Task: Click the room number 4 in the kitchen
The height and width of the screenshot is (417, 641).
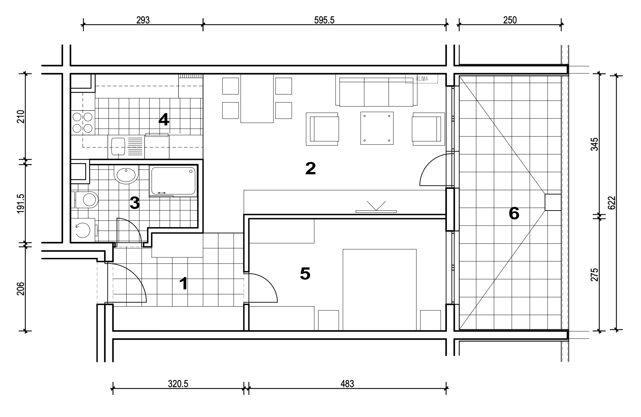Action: [x=164, y=120]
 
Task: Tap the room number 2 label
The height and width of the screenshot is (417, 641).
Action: [x=310, y=168]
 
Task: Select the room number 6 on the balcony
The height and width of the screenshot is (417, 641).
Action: [x=514, y=214]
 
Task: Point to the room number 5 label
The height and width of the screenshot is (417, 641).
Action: [x=305, y=273]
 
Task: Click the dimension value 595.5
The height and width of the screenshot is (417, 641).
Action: [x=324, y=20]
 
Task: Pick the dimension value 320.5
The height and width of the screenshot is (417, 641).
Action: [x=178, y=384]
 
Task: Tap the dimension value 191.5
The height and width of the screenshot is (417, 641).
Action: [x=21, y=204]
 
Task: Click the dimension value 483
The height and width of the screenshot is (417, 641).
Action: [x=347, y=384]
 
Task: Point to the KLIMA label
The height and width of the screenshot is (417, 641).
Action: [x=422, y=79]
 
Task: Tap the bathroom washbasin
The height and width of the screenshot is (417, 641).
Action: [x=126, y=175]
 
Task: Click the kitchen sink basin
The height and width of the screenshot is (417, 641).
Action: [x=118, y=147]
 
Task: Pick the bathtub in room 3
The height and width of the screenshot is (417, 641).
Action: [x=173, y=181]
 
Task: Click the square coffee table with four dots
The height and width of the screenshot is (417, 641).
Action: [x=377, y=128]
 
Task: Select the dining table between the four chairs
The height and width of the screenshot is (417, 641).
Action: [x=257, y=99]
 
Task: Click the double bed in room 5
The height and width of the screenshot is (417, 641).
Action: [x=380, y=290]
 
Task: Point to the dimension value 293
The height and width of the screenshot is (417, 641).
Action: [x=143, y=20]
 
